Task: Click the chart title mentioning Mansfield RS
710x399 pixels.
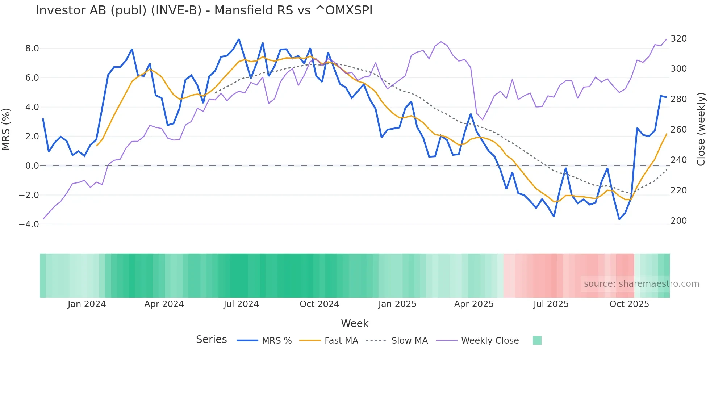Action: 204,10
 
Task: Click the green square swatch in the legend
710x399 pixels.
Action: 537,340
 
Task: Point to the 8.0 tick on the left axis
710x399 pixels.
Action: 32,49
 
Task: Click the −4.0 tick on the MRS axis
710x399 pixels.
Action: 29,224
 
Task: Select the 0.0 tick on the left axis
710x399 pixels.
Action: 32,166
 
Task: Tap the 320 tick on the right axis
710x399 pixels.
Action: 678,39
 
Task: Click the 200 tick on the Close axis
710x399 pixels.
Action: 678,221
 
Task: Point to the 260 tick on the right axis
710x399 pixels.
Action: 678,130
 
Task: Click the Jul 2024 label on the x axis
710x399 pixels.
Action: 241,304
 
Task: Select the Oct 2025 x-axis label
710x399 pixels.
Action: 629,304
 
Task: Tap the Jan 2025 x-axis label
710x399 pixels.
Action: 397,304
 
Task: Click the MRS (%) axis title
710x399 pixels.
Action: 6,129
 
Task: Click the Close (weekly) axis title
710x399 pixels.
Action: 701,129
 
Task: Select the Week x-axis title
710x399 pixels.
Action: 355,323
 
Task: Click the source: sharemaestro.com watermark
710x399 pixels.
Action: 641,284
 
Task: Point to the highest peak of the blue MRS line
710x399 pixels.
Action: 239,39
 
